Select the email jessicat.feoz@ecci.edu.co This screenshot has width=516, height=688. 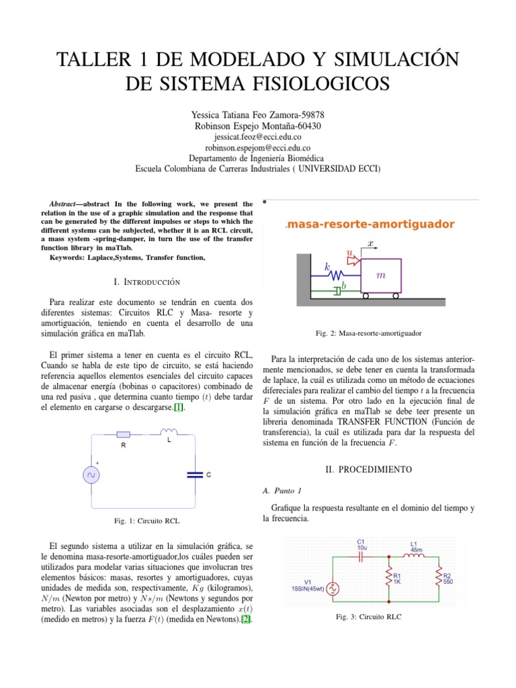coord(257,136)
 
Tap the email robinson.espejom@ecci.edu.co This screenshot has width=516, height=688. coord(257,146)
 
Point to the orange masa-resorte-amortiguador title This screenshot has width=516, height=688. coord(370,224)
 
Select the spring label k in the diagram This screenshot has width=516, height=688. coord(328,267)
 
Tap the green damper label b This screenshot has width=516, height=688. coord(344,286)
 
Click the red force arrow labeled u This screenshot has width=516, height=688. coord(350,253)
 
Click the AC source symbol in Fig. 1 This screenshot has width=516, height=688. coord(91,475)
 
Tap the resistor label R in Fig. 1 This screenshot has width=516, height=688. coord(124,445)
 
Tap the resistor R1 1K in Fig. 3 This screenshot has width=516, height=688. coord(389,578)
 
